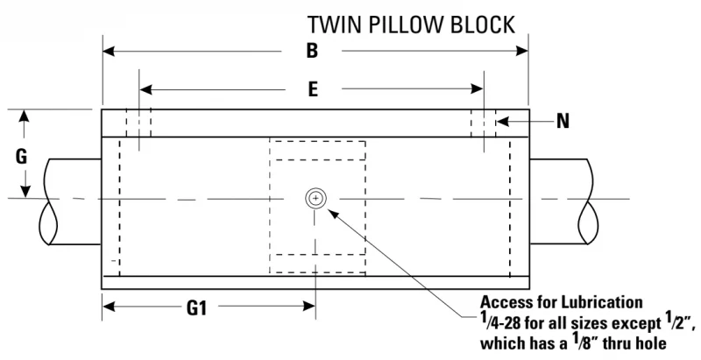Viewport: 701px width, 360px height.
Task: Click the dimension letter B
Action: tap(312, 51)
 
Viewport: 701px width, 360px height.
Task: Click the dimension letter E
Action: tap(313, 89)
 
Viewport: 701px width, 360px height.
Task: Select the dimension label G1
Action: tap(196, 307)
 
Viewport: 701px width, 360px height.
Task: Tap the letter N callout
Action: tap(563, 121)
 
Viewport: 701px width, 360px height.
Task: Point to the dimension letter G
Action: tap(21, 157)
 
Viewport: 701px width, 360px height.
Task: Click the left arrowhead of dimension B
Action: tap(109, 51)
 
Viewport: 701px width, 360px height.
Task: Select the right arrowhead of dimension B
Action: tap(522, 51)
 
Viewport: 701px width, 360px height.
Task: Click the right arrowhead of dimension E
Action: tap(477, 89)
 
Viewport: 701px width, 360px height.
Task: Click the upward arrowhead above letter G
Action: tap(25, 116)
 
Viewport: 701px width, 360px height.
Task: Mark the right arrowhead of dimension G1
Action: tap(310, 307)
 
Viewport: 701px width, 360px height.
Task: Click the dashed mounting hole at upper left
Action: tap(138, 123)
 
